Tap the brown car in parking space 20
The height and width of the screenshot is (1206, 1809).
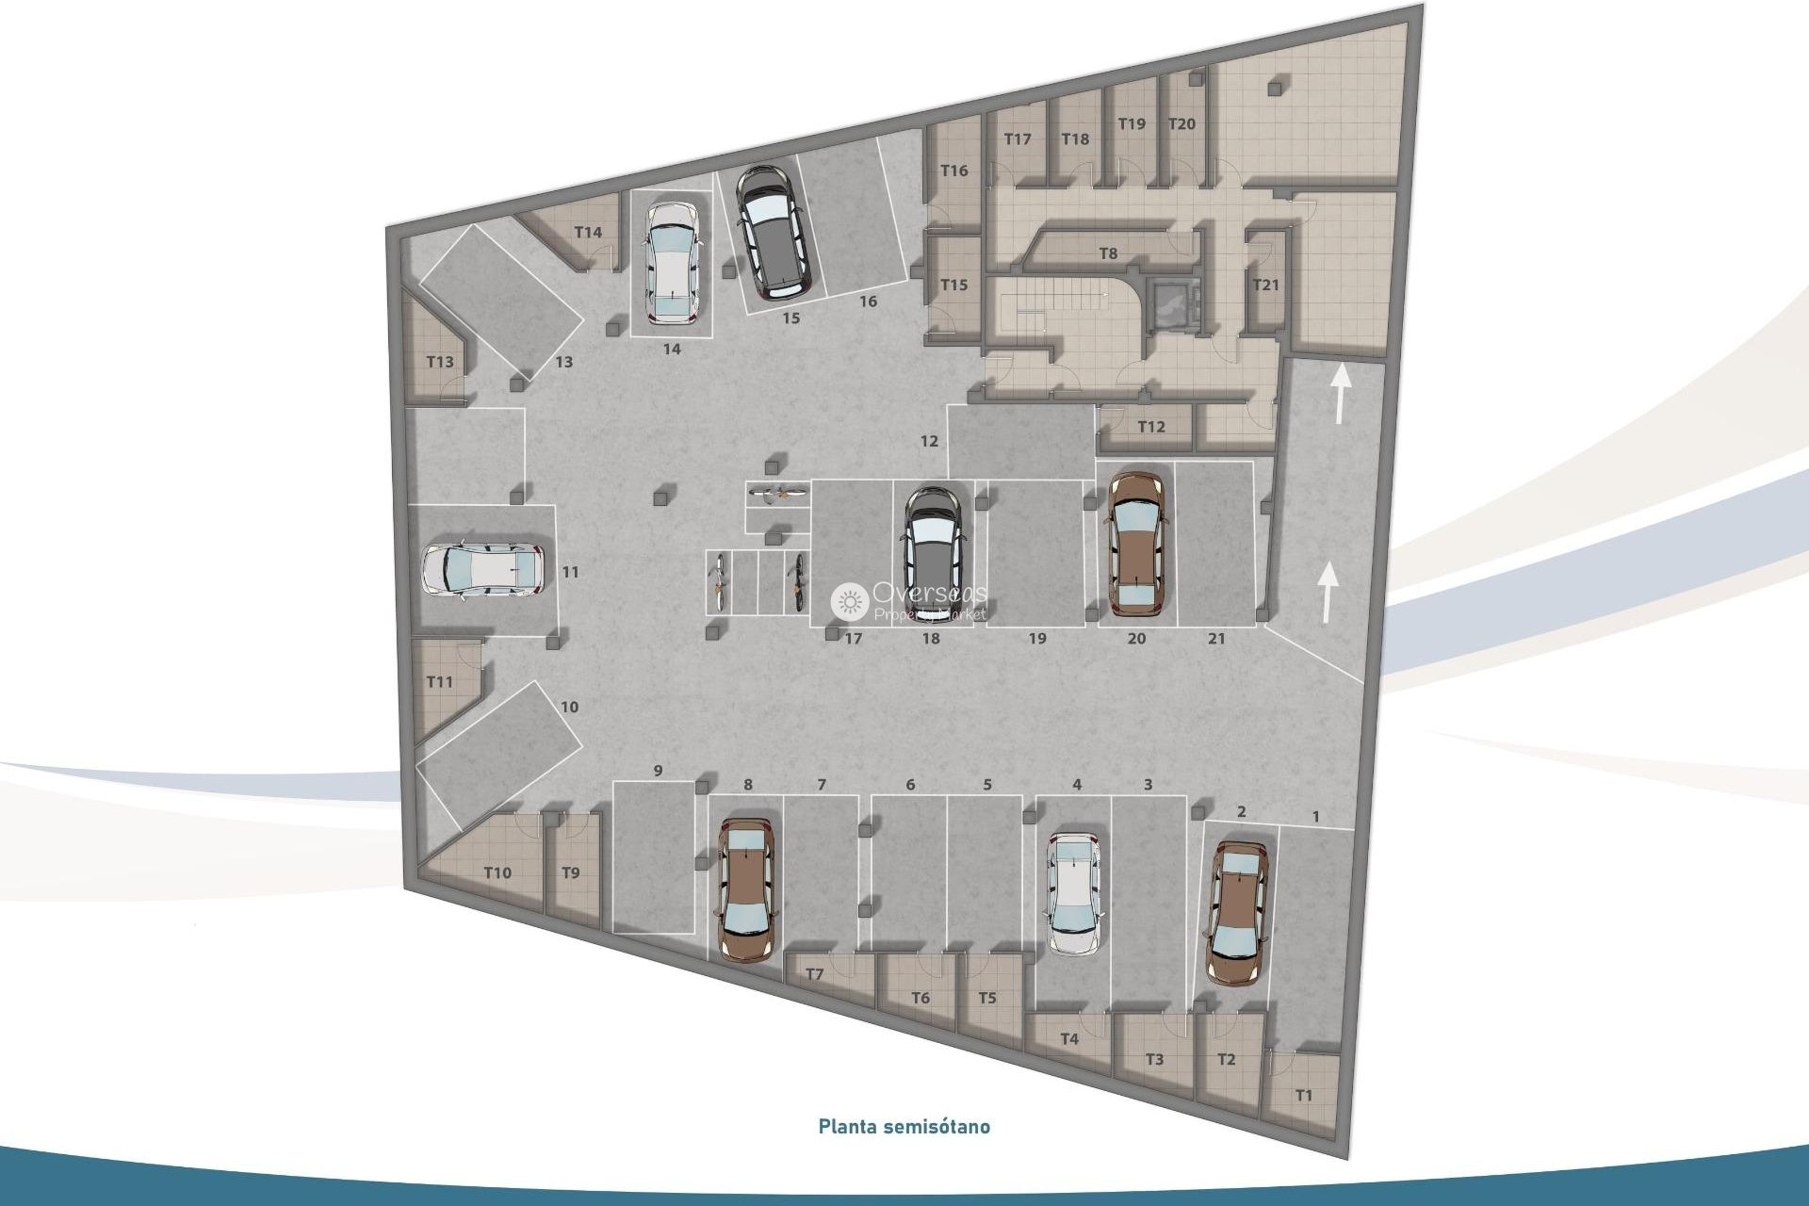[1137, 544]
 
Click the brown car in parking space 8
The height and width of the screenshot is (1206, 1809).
[746, 888]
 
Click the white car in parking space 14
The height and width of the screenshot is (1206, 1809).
[672, 262]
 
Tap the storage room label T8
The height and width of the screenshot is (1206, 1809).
[1108, 253]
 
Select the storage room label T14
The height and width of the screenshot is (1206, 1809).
[588, 233]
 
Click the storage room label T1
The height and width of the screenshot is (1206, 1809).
[1304, 1096]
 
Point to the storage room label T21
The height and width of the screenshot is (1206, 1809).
[1265, 285]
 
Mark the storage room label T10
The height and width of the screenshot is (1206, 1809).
[497, 873]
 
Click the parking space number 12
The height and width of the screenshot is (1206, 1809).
[930, 441]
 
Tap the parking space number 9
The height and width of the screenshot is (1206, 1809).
[658, 771]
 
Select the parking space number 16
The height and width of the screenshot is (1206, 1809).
[868, 301]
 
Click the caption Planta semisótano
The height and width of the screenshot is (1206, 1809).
[904, 1126]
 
